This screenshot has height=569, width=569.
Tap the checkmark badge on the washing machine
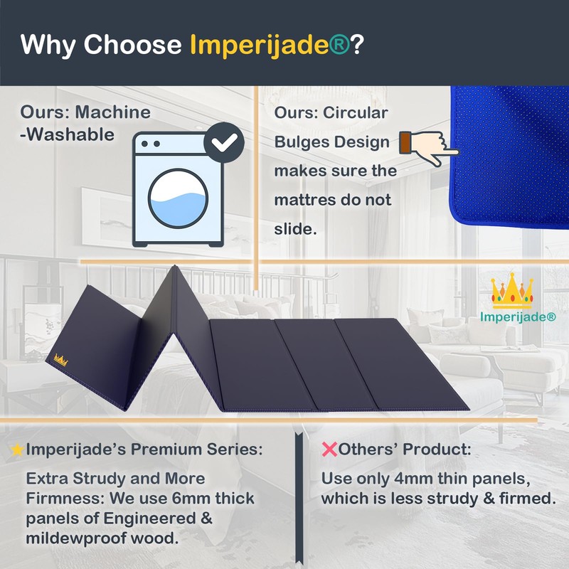click(x=225, y=141)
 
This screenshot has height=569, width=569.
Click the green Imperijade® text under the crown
click(x=521, y=317)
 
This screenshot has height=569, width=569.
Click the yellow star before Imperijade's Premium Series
click(x=17, y=450)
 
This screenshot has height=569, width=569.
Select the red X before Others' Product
click(x=329, y=450)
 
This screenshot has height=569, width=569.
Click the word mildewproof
click(x=84, y=538)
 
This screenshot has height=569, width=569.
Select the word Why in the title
click(x=48, y=44)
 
